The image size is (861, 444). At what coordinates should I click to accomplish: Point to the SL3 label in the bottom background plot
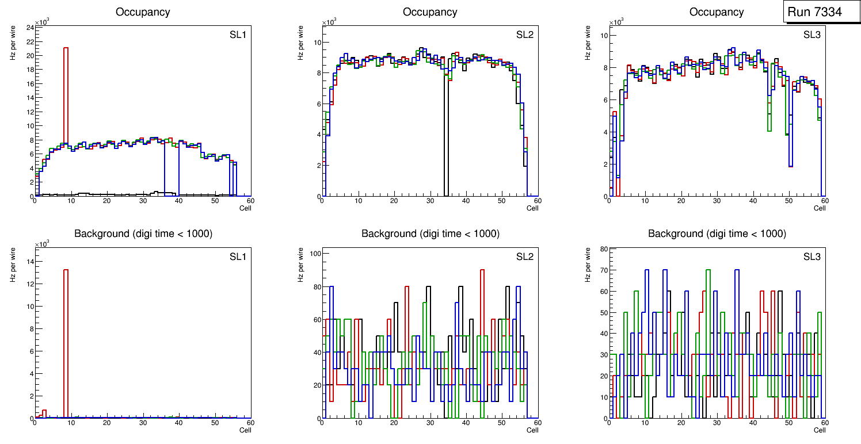point(812,256)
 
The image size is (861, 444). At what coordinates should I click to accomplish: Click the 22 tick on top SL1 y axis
point(30,41)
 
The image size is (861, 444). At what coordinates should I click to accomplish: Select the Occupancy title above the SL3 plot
point(717,12)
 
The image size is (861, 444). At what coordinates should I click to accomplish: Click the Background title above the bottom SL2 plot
point(430,234)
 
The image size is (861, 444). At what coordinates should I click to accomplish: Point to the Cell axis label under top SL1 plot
point(245,208)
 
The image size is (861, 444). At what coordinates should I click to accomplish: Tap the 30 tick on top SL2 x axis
point(429,201)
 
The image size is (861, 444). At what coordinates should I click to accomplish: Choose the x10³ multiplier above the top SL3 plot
point(616,22)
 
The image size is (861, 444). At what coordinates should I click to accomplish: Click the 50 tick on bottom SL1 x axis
point(215,423)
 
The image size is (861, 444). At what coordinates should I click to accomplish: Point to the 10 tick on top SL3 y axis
point(603,35)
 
